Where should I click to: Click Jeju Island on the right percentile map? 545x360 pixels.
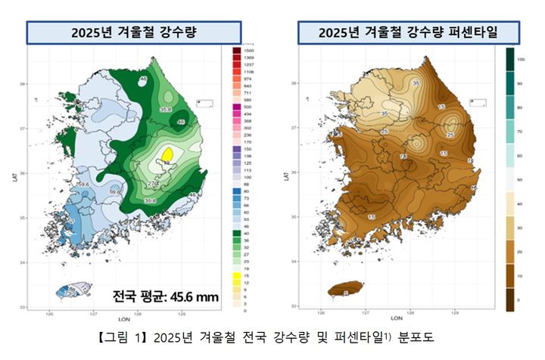click(345, 290)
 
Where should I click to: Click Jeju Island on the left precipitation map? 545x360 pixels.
click(73, 290)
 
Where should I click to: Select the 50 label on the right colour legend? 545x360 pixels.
click(519, 179)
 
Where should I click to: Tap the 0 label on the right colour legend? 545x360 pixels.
click(519, 300)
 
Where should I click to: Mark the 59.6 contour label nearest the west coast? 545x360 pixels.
click(83, 185)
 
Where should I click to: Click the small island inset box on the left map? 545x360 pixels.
click(204, 103)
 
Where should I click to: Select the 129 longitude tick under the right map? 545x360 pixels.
click(455, 310)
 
